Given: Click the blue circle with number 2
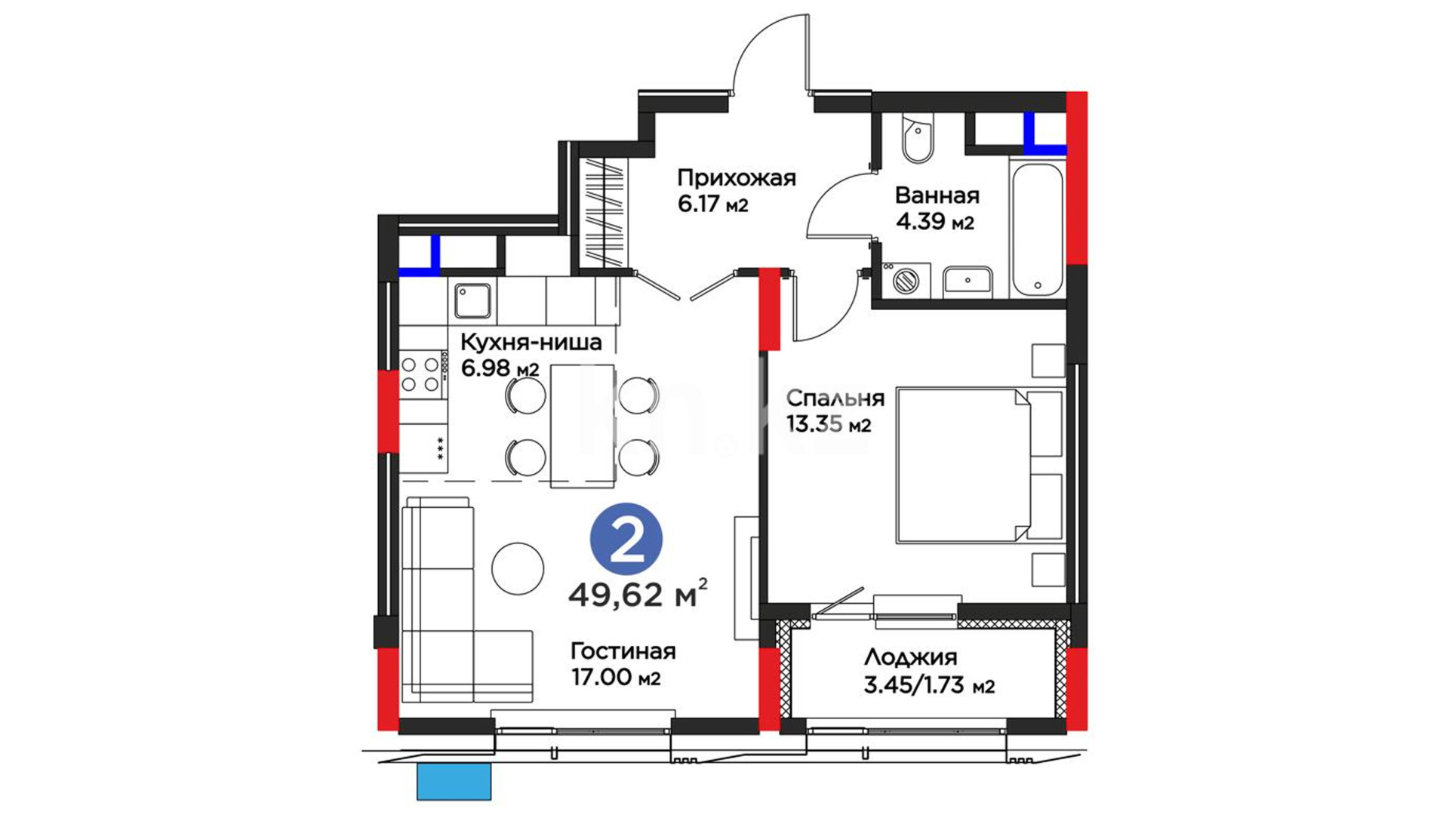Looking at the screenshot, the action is coord(626,540).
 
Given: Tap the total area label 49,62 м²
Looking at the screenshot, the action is coord(638,595).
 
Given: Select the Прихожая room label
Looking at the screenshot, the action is coord(737,178).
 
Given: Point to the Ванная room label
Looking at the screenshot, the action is coord(937,195).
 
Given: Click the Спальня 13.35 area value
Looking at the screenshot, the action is coord(829,424).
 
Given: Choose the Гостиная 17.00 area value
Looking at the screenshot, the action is coord(616,678).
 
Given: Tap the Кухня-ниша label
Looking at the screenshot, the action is coord(531,343).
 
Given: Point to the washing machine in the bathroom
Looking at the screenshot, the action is coord(903,281).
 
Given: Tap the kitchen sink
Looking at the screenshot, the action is coord(473,300).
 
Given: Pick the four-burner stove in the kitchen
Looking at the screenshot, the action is coord(420,374).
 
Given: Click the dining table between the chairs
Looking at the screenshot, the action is coord(582,425).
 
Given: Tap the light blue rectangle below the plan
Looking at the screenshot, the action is coord(454,781).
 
